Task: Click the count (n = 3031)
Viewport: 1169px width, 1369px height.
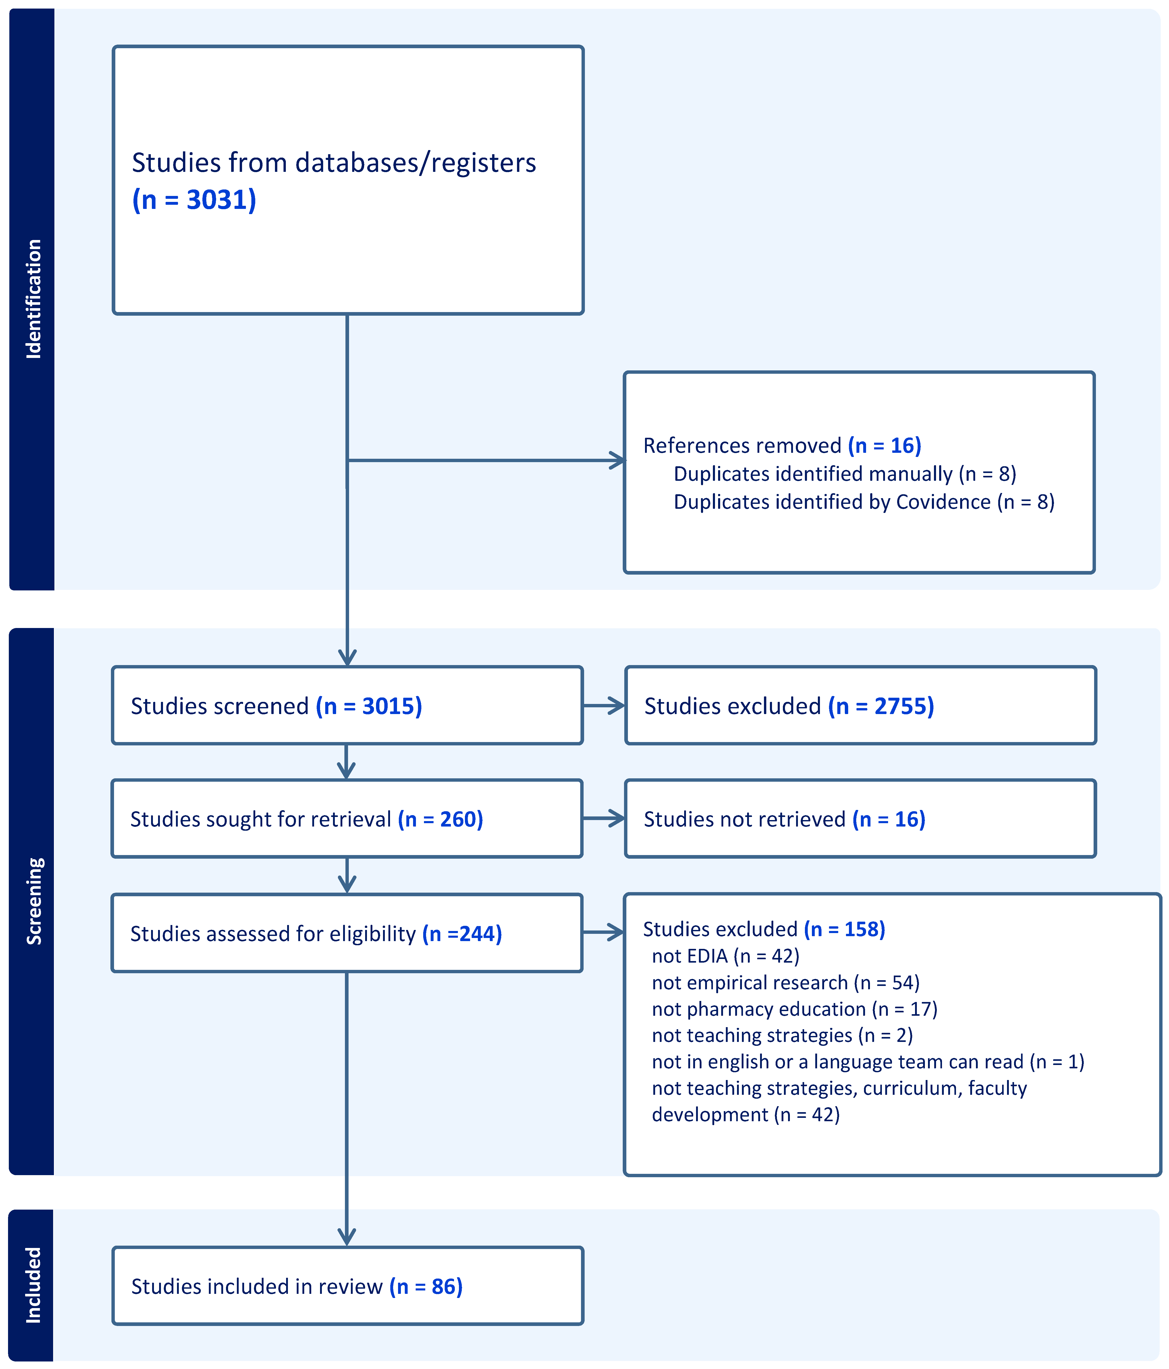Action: (x=194, y=200)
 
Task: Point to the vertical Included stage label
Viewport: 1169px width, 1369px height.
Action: (x=33, y=1285)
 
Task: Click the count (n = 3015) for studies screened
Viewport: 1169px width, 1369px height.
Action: (x=369, y=706)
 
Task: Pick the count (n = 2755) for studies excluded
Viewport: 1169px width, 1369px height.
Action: (x=881, y=706)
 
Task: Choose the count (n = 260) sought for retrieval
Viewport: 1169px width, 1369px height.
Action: (x=441, y=819)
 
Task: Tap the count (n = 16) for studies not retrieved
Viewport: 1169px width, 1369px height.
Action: (x=889, y=819)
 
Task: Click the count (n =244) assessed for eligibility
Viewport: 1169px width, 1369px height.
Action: (x=462, y=934)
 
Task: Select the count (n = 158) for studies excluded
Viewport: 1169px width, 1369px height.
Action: (x=845, y=929)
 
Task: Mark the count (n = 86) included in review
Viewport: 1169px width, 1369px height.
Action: (x=426, y=1286)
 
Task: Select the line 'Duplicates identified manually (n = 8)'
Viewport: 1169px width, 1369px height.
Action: (x=845, y=474)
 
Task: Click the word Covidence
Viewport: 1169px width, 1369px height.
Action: (x=943, y=502)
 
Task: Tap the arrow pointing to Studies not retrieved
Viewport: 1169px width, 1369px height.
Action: (x=604, y=818)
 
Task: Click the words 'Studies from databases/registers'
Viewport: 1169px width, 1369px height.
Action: (x=334, y=163)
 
